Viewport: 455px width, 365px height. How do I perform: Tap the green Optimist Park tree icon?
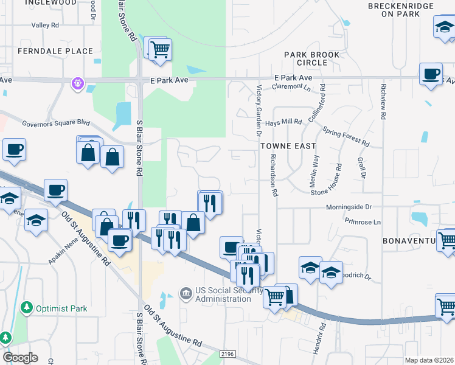point(27,308)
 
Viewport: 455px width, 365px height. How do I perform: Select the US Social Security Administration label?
point(224,294)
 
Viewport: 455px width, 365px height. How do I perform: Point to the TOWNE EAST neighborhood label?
point(288,146)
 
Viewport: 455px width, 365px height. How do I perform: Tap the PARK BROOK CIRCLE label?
point(314,59)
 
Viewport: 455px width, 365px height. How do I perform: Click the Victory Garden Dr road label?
point(259,109)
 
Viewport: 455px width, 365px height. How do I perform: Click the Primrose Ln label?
point(362,221)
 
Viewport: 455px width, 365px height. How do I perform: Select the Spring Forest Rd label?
point(346,137)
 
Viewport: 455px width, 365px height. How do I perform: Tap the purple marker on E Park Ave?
point(78,83)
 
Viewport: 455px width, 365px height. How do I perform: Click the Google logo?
point(20,358)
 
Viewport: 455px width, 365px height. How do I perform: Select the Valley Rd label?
point(46,26)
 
